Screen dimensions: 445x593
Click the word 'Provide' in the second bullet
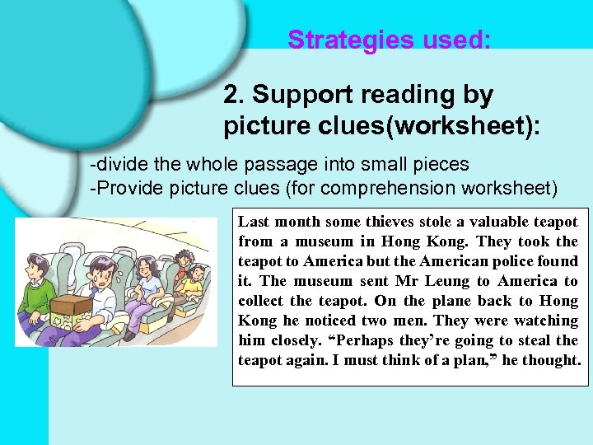(125, 188)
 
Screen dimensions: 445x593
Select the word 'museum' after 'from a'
(333, 241)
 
